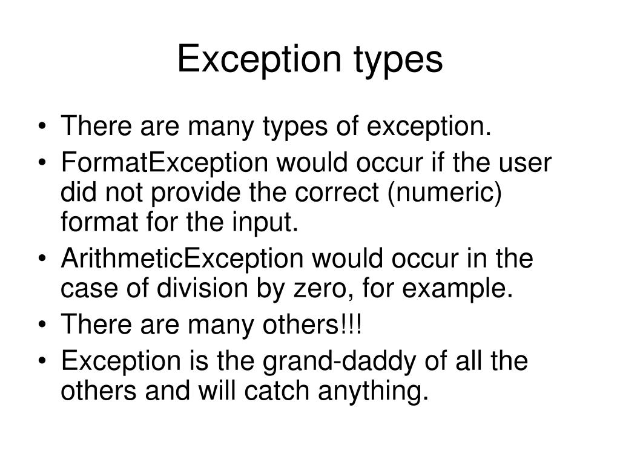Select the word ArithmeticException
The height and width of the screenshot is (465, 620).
pos(182,260)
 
